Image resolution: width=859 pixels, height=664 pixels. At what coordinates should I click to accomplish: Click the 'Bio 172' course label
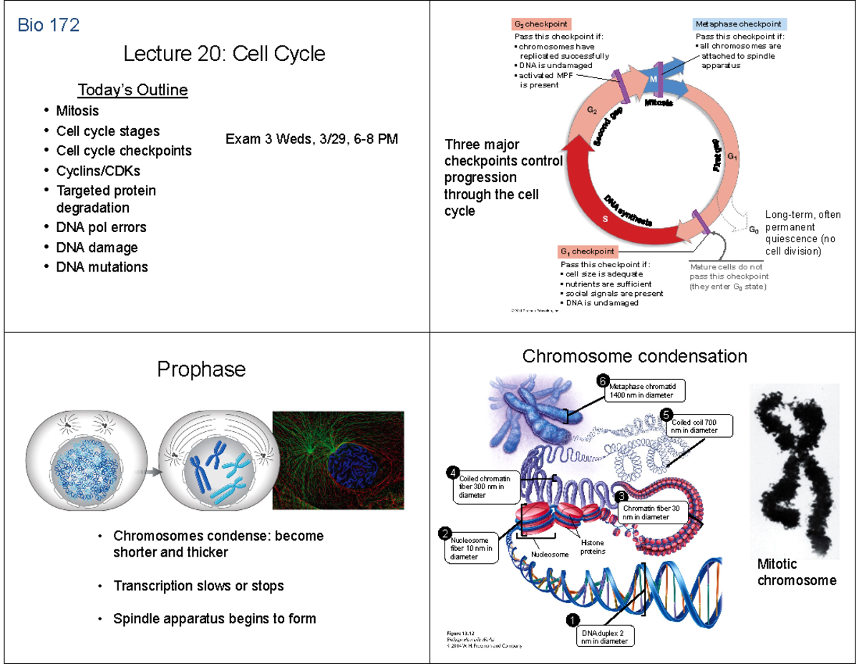48,26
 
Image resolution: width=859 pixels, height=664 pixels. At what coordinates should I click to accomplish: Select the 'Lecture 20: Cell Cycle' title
224,54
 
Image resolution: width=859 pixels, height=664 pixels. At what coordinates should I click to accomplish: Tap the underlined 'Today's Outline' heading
132,90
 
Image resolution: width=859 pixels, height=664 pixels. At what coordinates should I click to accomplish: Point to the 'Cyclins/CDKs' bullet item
99,170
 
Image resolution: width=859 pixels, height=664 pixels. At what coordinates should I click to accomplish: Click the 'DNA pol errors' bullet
101,227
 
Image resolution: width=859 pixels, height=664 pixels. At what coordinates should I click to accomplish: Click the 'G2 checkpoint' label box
541,24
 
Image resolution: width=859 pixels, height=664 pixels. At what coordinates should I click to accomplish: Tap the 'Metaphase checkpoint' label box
739,24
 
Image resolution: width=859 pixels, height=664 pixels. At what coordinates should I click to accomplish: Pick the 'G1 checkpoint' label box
588,251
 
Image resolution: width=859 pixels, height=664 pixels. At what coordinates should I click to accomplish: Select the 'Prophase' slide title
201,370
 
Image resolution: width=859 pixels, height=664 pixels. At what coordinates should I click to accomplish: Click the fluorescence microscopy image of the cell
338,459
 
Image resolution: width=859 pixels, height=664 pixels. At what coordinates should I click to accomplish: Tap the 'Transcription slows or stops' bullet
198,586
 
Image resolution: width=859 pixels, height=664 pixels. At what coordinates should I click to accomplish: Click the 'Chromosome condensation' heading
634,356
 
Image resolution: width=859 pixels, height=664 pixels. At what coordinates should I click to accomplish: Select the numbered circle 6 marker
603,380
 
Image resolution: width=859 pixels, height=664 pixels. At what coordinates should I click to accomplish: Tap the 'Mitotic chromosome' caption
796,572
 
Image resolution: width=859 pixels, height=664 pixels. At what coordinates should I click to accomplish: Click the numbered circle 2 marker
445,533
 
